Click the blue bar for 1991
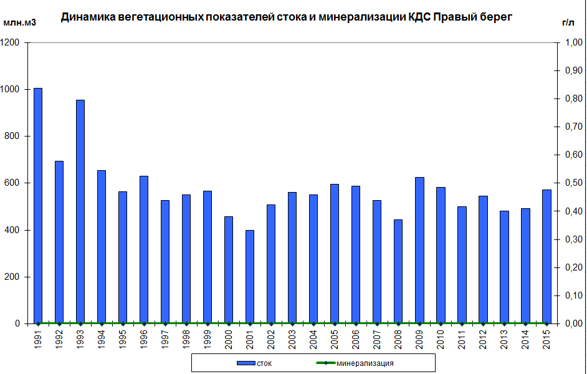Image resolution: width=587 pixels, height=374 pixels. click(x=38, y=206)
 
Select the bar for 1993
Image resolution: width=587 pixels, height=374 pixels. click(x=80, y=212)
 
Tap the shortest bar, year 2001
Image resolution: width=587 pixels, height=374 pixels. click(x=250, y=277)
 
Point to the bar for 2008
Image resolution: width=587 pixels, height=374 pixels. click(x=398, y=272)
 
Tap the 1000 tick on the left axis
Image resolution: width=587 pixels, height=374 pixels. click(x=12, y=90)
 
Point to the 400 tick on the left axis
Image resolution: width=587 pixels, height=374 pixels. click(x=14, y=230)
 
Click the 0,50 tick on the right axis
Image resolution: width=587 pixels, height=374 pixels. click(x=573, y=183)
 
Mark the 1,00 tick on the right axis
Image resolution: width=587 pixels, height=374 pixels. click(x=573, y=43)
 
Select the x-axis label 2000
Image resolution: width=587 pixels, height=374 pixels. click(x=229, y=340)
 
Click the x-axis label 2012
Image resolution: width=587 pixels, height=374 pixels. click(x=483, y=340)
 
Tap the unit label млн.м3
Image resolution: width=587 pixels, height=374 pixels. click(x=20, y=23)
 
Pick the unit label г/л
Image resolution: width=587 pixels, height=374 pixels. click(x=568, y=23)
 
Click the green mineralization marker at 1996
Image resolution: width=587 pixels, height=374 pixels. click(x=144, y=324)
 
